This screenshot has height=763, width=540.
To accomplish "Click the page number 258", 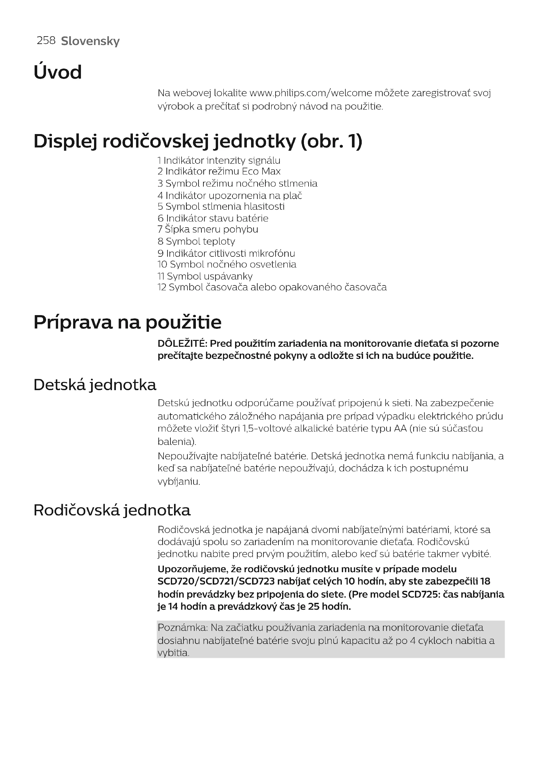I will [46, 40].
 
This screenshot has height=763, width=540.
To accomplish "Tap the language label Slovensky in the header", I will [90, 41].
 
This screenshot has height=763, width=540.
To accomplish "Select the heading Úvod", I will [57, 72].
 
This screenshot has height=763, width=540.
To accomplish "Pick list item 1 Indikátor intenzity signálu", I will [219, 160].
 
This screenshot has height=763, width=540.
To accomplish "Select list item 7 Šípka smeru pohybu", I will [208, 229].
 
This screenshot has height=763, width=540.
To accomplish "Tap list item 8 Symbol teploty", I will [196, 241].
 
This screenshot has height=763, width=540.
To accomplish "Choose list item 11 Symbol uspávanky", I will [205, 276].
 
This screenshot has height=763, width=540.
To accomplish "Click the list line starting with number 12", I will [272, 287].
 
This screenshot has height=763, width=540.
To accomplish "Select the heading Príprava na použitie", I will [127, 322].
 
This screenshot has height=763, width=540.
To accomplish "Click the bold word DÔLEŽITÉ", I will [182, 343].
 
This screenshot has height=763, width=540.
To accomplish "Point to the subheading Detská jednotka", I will [95, 385].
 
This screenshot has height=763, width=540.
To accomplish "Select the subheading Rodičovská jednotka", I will [112, 510].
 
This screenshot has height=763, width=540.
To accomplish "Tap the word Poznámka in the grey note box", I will [182, 628].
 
